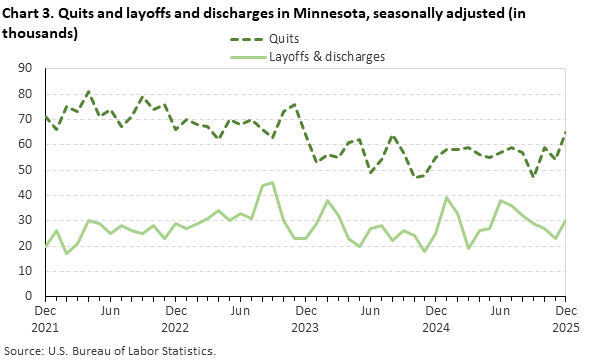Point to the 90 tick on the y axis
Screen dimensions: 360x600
pyautogui.click(x=26, y=68)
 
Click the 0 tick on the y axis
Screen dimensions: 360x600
pyautogui.click(x=30, y=296)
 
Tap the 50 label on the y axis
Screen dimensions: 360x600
pyautogui.click(x=26, y=169)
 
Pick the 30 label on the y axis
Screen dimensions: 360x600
pyautogui.click(x=26, y=220)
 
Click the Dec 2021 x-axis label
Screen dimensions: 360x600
pyautogui.click(x=46, y=319)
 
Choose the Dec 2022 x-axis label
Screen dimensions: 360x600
pyautogui.click(x=176, y=319)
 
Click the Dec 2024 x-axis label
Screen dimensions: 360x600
pyautogui.click(x=437, y=319)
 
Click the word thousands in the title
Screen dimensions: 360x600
pyautogui.click(x=40, y=32)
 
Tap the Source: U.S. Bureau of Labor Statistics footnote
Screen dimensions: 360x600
pyautogui.click(x=110, y=351)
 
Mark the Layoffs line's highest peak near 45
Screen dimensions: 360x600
pyautogui.click(x=272, y=182)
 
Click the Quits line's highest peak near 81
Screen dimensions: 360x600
pyautogui.click(x=88, y=91)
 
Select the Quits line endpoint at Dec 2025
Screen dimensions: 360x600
pyautogui.click(x=567, y=132)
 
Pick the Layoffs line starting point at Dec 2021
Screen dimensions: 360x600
pyautogui.click(x=46, y=245)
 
